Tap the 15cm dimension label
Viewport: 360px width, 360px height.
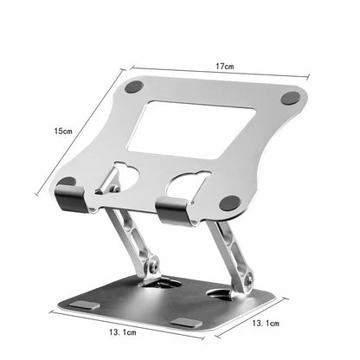pos(63,132)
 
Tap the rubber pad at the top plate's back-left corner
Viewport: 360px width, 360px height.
pos(134,87)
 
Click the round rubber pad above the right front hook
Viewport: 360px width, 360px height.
pos(230,202)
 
